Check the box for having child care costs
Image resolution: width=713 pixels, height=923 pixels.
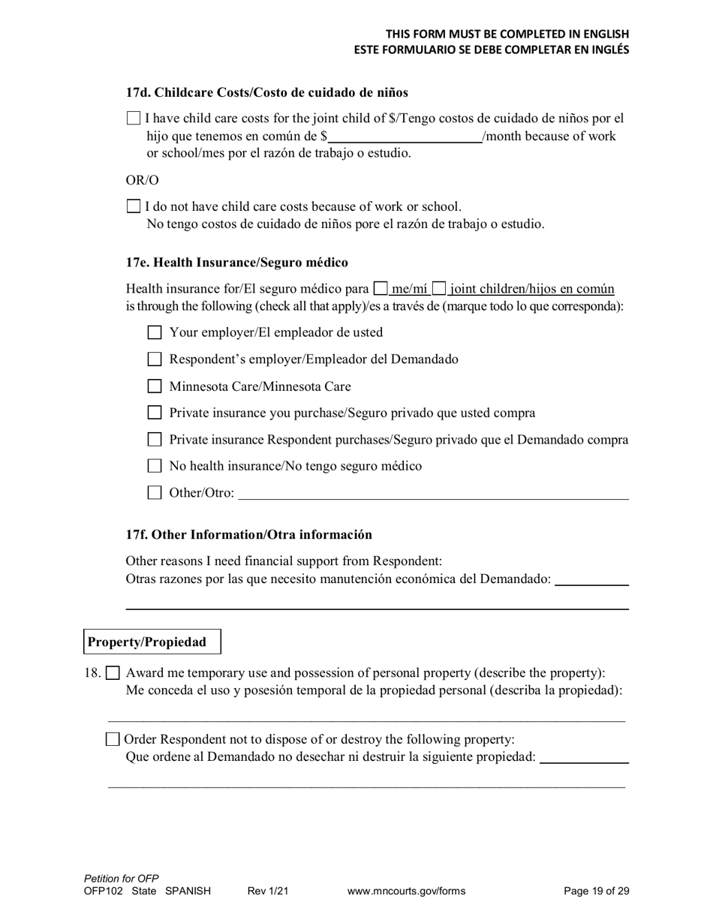[134, 118]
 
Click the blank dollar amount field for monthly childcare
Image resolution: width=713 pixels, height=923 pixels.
[405, 137]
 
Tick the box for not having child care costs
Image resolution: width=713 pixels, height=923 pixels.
[134, 206]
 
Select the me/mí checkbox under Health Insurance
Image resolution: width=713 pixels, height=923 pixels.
[381, 288]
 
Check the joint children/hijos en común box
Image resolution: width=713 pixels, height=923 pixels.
[439, 288]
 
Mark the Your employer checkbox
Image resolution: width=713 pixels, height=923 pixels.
[155, 332]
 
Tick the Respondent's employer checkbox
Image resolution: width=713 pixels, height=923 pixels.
[155, 359]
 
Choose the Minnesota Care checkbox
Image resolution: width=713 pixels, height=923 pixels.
[155, 386]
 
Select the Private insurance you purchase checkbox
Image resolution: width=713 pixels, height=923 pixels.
[155, 413]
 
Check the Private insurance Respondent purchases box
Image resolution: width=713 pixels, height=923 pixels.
[155, 440]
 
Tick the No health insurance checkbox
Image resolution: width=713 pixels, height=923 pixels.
[155, 466]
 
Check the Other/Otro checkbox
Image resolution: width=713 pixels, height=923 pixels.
[155, 493]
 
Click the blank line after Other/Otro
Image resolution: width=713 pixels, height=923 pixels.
[433, 494]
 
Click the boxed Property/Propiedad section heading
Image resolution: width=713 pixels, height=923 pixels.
[152, 642]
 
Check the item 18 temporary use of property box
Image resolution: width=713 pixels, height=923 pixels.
[113, 673]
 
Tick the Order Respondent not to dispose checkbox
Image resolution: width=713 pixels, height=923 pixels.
[113, 739]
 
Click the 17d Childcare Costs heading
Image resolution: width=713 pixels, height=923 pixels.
[267, 92]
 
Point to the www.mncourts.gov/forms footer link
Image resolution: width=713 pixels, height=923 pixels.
[406, 891]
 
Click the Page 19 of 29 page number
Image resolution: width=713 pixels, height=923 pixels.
[596, 891]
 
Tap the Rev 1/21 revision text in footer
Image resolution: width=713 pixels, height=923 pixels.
[268, 891]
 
